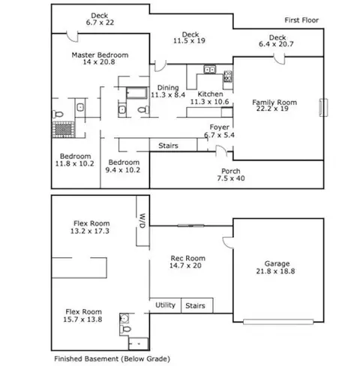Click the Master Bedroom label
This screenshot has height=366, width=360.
[100, 55]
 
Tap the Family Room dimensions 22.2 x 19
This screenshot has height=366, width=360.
[272, 109]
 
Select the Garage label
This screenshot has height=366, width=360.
[277, 263]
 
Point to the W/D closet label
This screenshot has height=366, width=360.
[142, 220]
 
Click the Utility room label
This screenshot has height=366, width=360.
[165, 305]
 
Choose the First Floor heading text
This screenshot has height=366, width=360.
[301, 20]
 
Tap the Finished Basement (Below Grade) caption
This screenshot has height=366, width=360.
[112, 359]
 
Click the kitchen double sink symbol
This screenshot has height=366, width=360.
[210, 69]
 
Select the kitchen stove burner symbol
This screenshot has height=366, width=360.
[228, 76]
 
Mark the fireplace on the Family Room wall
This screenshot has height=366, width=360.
[323, 107]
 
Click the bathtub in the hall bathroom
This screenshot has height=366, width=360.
[136, 93]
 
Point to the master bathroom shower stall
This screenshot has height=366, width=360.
[63, 130]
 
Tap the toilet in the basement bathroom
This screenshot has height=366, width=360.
[125, 329]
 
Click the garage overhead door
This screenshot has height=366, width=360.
[278, 322]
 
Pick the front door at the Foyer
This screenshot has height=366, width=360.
[221, 151]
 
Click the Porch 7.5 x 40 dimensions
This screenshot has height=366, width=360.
[231, 178]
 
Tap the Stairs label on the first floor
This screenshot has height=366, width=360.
[168, 145]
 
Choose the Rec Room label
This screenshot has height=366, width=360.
[188, 258]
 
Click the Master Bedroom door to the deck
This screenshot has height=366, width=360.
[72, 37]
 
